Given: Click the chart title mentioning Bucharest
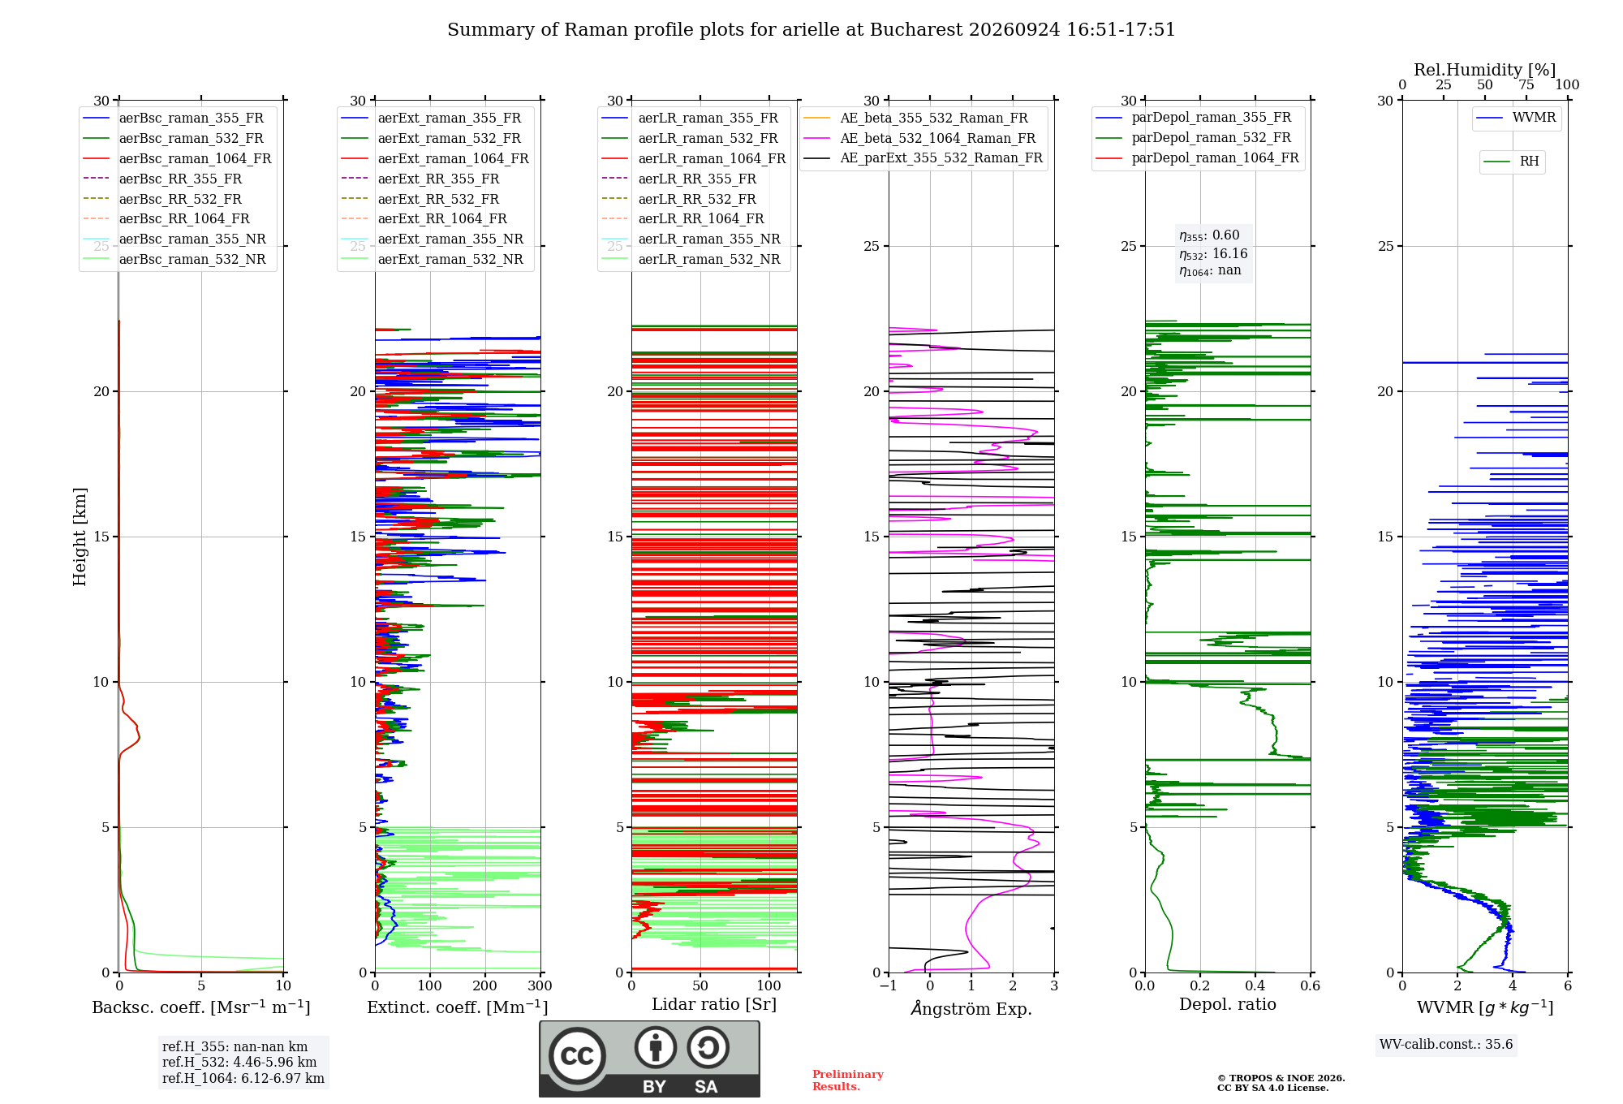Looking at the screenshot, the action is pyautogui.click(x=811, y=30).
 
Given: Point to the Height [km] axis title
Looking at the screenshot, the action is pyautogui.click(x=80, y=537).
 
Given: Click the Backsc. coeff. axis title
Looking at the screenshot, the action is pyautogui.click(x=201, y=1007).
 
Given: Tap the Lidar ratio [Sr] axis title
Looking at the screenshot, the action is pyautogui.click(x=714, y=1005).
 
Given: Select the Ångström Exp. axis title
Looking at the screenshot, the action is pyautogui.click(x=971, y=1008).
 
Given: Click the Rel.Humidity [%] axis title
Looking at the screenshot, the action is pyautogui.click(x=1485, y=70).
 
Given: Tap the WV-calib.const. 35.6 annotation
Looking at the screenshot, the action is pyautogui.click(x=1446, y=1045).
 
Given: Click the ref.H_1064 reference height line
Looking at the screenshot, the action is pyautogui.click(x=243, y=1078).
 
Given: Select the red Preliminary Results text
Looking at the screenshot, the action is pyautogui.click(x=848, y=1080).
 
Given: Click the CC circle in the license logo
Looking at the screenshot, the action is pyautogui.click(x=577, y=1056).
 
